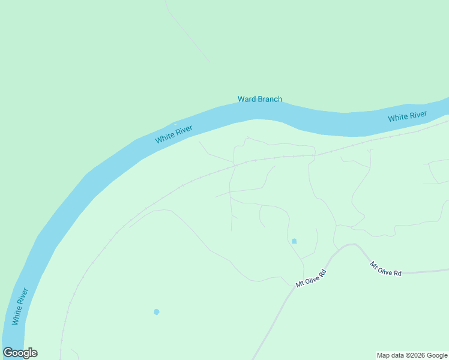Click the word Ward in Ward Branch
247,99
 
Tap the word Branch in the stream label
270,99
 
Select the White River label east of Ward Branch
407,116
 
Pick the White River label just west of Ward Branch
174,134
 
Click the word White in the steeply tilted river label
17,314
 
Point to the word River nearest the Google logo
23,296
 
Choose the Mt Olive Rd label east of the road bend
385,269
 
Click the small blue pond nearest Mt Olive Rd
294,241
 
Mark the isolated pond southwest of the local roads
157,312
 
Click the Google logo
20,353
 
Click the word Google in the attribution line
437,355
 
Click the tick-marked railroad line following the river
180,187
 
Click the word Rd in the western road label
322,272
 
